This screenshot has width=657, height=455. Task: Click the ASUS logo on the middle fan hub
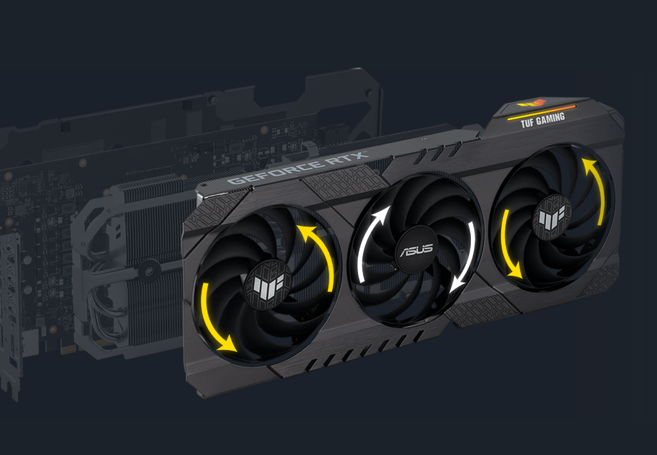(x=415, y=250)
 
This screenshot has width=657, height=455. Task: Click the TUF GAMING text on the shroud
(x=542, y=120)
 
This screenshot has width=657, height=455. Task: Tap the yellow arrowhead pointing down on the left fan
(x=226, y=343)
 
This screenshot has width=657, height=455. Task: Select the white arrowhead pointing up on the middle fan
(x=382, y=215)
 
